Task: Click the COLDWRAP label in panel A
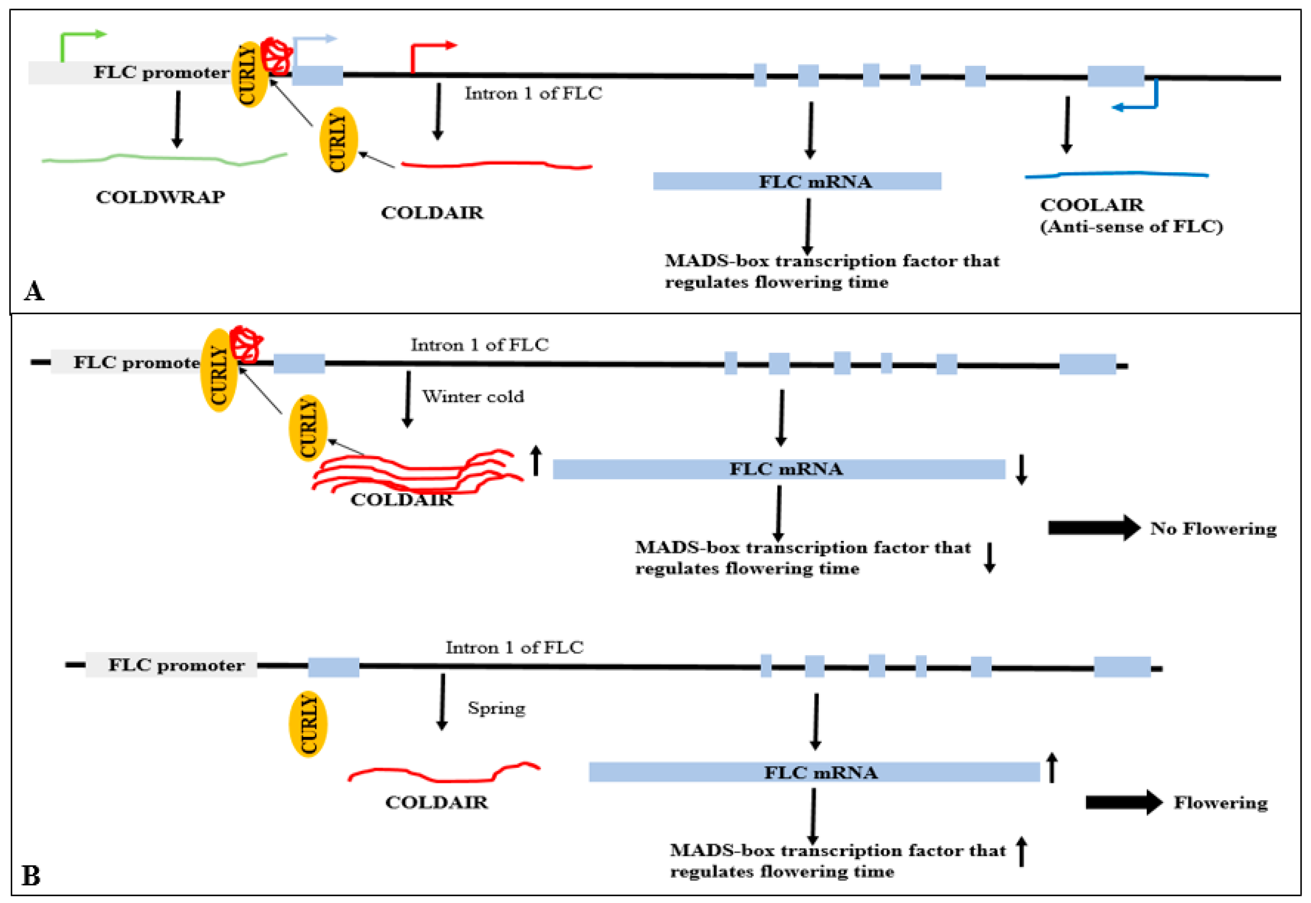[160, 197]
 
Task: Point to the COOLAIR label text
[1092, 205]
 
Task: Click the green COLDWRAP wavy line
[164, 159]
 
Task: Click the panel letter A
[34, 291]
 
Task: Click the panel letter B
[31, 876]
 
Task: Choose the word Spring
[496, 708]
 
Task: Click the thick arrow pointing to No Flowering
[1093, 528]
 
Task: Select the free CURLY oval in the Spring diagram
[308, 724]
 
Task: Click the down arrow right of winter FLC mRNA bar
[1021, 470]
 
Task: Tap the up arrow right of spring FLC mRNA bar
[1051, 768]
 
